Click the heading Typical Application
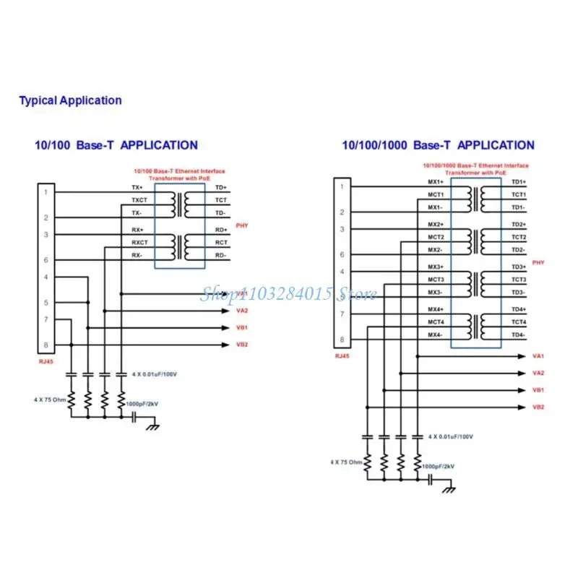click(70, 100)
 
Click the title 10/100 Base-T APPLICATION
click(116, 145)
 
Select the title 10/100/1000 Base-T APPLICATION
click(439, 145)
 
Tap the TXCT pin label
click(139, 200)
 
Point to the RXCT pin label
click(139, 243)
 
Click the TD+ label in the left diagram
click(220, 187)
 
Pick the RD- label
click(220, 256)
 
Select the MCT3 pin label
click(436, 280)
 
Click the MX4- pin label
click(435, 335)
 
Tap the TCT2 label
click(519, 237)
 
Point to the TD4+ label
click(519, 309)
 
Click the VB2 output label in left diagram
click(241, 345)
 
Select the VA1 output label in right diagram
click(538, 356)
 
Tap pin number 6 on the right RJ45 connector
click(342, 254)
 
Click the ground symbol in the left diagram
click(152, 427)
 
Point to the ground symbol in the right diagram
click(449, 490)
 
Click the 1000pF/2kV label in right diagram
click(439, 467)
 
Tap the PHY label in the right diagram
click(538, 262)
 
